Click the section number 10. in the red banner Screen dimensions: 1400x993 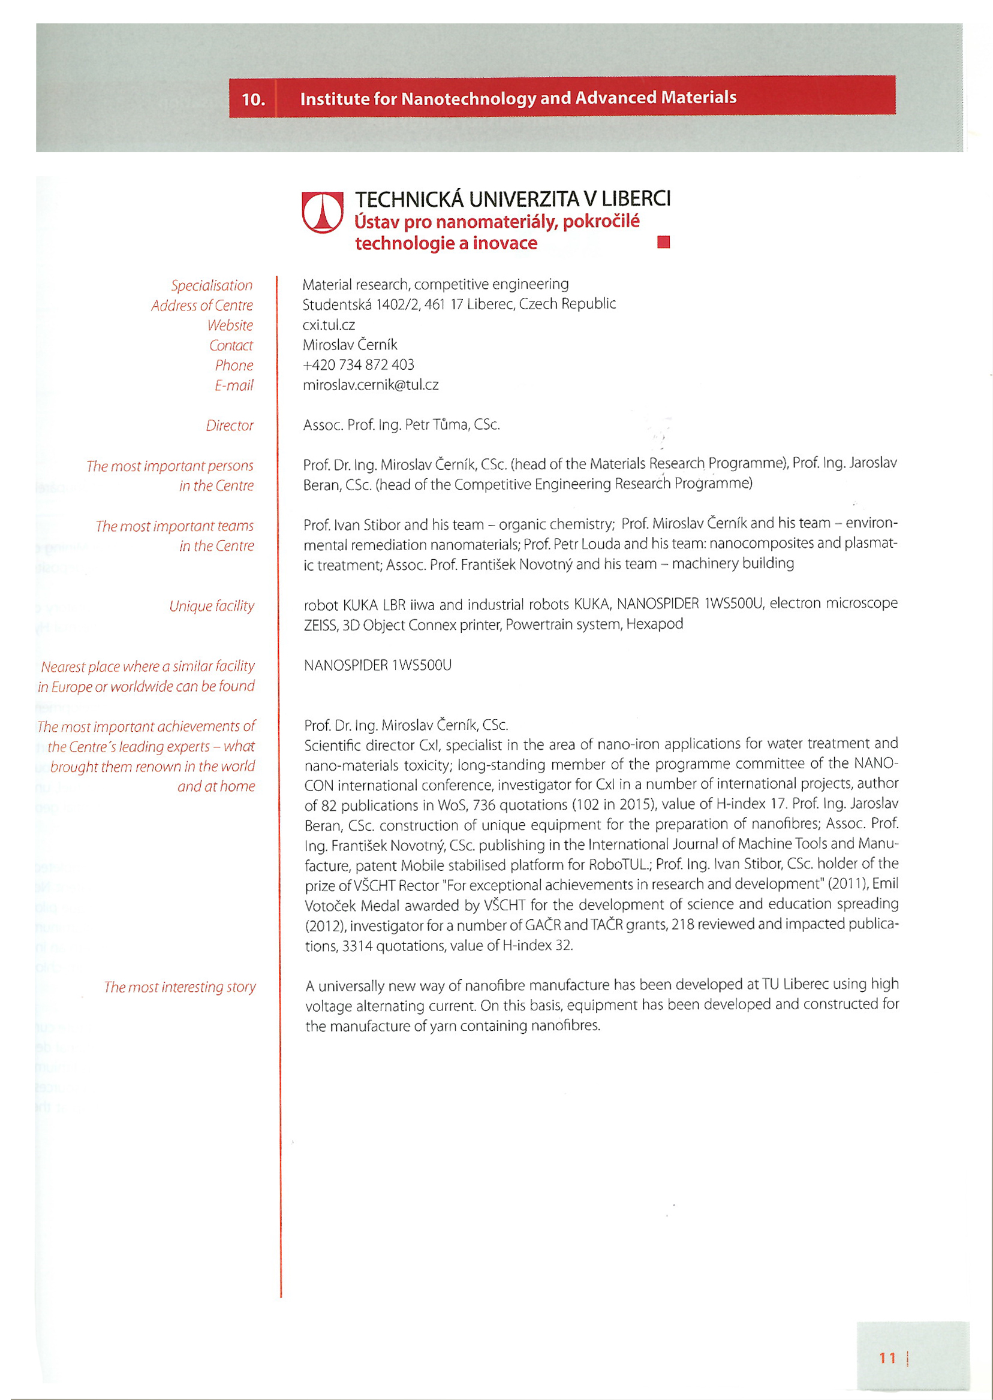pyautogui.click(x=253, y=99)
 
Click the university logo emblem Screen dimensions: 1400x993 pyautogui.click(x=322, y=212)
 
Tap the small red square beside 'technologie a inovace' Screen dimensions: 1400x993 pyautogui.click(x=663, y=242)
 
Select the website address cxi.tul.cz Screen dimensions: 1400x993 pyautogui.click(x=329, y=324)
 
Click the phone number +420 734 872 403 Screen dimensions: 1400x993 pyautogui.click(x=359, y=365)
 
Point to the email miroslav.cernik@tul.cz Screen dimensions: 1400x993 pyautogui.click(x=371, y=385)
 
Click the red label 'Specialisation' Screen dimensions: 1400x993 pyautogui.click(x=212, y=285)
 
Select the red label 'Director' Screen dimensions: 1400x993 pyautogui.click(x=229, y=426)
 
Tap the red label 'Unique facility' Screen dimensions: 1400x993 pyautogui.click(x=212, y=606)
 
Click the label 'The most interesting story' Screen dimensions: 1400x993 pyautogui.click(x=180, y=987)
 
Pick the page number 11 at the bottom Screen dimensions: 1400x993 pyautogui.click(x=887, y=1358)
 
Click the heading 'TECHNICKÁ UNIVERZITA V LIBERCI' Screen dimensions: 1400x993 pyautogui.click(x=513, y=198)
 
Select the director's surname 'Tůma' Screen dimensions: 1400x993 pyautogui.click(x=452, y=425)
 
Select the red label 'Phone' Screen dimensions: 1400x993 pyautogui.click(x=234, y=366)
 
